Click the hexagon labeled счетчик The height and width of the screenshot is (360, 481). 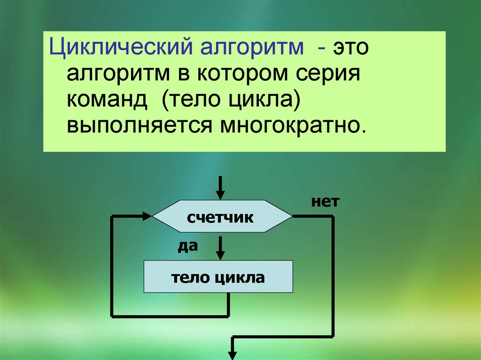pyautogui.click(x=221, y=217)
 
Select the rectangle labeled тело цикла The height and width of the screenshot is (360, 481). pyautogui.click(x=218, y=277)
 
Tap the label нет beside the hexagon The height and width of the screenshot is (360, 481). pyautogui.click(x=324, y=202)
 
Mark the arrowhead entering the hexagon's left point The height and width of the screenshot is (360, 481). pyautogui.click(x=147, y=216)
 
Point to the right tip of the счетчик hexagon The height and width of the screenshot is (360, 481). pyautogui.click(x=292, y=217)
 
